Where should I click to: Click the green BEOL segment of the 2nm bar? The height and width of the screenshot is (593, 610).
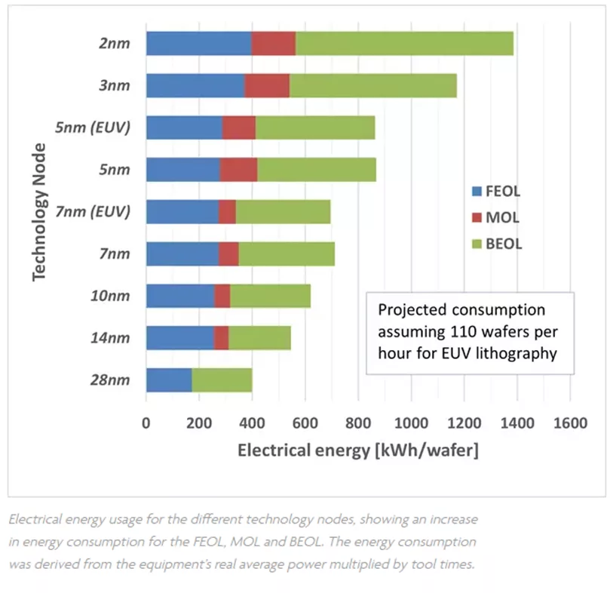pos(404,44)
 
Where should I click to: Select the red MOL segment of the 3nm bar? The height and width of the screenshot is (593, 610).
pos(267,86)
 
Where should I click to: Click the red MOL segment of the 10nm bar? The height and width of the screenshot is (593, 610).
pos(222,296)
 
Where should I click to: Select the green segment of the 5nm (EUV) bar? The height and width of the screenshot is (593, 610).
pos(315,128)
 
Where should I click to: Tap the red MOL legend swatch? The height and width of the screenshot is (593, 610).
pos(476,218)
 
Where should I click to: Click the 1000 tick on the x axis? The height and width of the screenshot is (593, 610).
pos(412,423)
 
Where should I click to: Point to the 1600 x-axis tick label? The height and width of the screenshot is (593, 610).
pos(569,423)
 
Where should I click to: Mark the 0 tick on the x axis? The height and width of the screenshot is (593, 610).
pos(146,423)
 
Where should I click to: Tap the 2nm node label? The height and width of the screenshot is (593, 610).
pos(114,44)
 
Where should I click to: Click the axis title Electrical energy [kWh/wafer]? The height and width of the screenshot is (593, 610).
pos(358,450)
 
